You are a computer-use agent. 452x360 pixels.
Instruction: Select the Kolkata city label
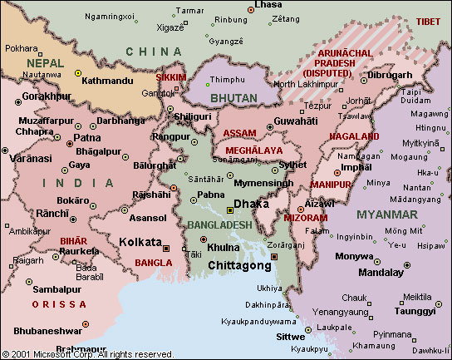(x=140, y=242)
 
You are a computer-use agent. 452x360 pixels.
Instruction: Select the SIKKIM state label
(x=171, y=77)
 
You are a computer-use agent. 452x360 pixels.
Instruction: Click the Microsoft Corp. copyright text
(x=87, y=354)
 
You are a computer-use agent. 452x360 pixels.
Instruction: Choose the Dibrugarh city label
(x=389, y=74)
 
